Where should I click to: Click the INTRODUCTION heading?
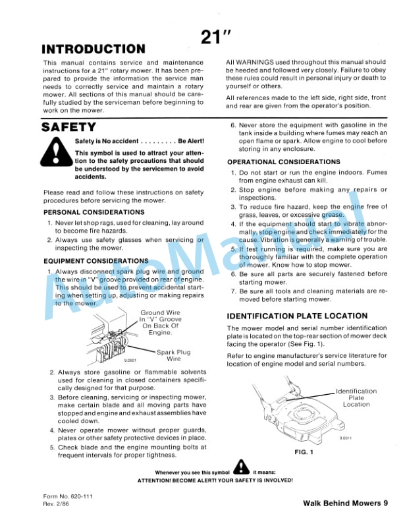[94, 49]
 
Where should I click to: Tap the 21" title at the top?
[214, 38]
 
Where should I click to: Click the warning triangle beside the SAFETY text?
[55, 153]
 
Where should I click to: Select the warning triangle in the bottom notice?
[242, 467]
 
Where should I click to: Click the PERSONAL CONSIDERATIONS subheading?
[94, 212]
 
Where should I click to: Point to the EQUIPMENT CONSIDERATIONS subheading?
[96, 261]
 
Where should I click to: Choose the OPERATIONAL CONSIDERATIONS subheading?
[284, 162]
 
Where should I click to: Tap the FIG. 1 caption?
[303, 453]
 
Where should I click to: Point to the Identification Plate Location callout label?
[356, 397]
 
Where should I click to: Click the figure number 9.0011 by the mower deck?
[346, 438]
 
